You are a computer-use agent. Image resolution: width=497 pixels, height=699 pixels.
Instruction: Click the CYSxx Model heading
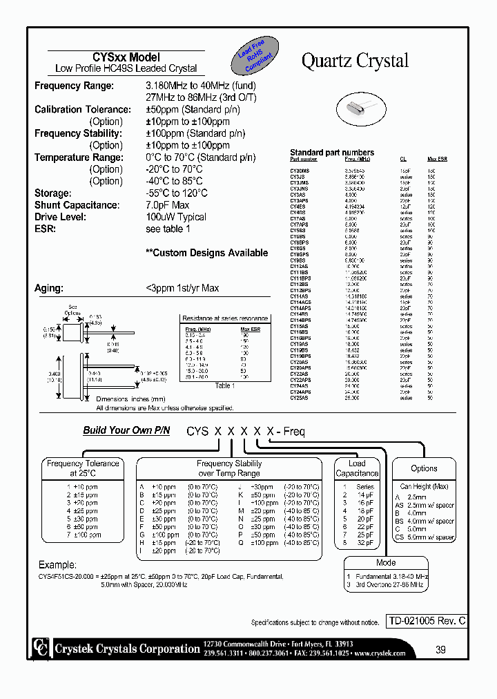[x=126, y=57]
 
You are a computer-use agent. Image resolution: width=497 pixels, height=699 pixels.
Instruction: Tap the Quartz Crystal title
[x=355, y=61]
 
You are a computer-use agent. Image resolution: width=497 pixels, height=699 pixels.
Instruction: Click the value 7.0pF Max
[x=167, y=205]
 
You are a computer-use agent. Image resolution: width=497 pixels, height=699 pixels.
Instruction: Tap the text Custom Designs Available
[x=206, y=253]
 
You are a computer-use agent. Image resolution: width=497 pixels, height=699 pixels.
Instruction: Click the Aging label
[x=49, y=288]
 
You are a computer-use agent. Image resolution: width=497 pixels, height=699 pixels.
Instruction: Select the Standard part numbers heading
[x=332, y=153]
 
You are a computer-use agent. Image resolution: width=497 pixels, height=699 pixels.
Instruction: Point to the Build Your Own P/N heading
[x=126, y=430]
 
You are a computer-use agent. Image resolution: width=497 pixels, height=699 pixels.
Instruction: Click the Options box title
[x=424, y=468]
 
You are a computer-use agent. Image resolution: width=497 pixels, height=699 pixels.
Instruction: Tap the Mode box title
[x=386, y=563]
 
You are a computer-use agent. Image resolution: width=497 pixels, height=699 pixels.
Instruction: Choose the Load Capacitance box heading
[x=357, y=468]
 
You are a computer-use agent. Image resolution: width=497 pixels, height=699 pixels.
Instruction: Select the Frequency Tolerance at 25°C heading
[x=84, y=468]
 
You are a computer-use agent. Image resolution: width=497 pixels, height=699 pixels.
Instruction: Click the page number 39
[x=441, y=649]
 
